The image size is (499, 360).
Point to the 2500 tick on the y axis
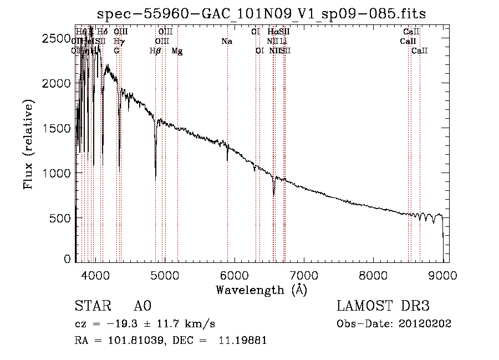point(58,38)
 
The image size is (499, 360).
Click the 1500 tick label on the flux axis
point(58,128)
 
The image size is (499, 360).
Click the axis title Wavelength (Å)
point(262,290)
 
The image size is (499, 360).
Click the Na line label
point(226,41)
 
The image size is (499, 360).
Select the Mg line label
point(177,51)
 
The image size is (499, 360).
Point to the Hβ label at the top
point(155,51)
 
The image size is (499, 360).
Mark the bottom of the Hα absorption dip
point(274,195)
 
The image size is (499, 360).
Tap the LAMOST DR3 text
point(383,306)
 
